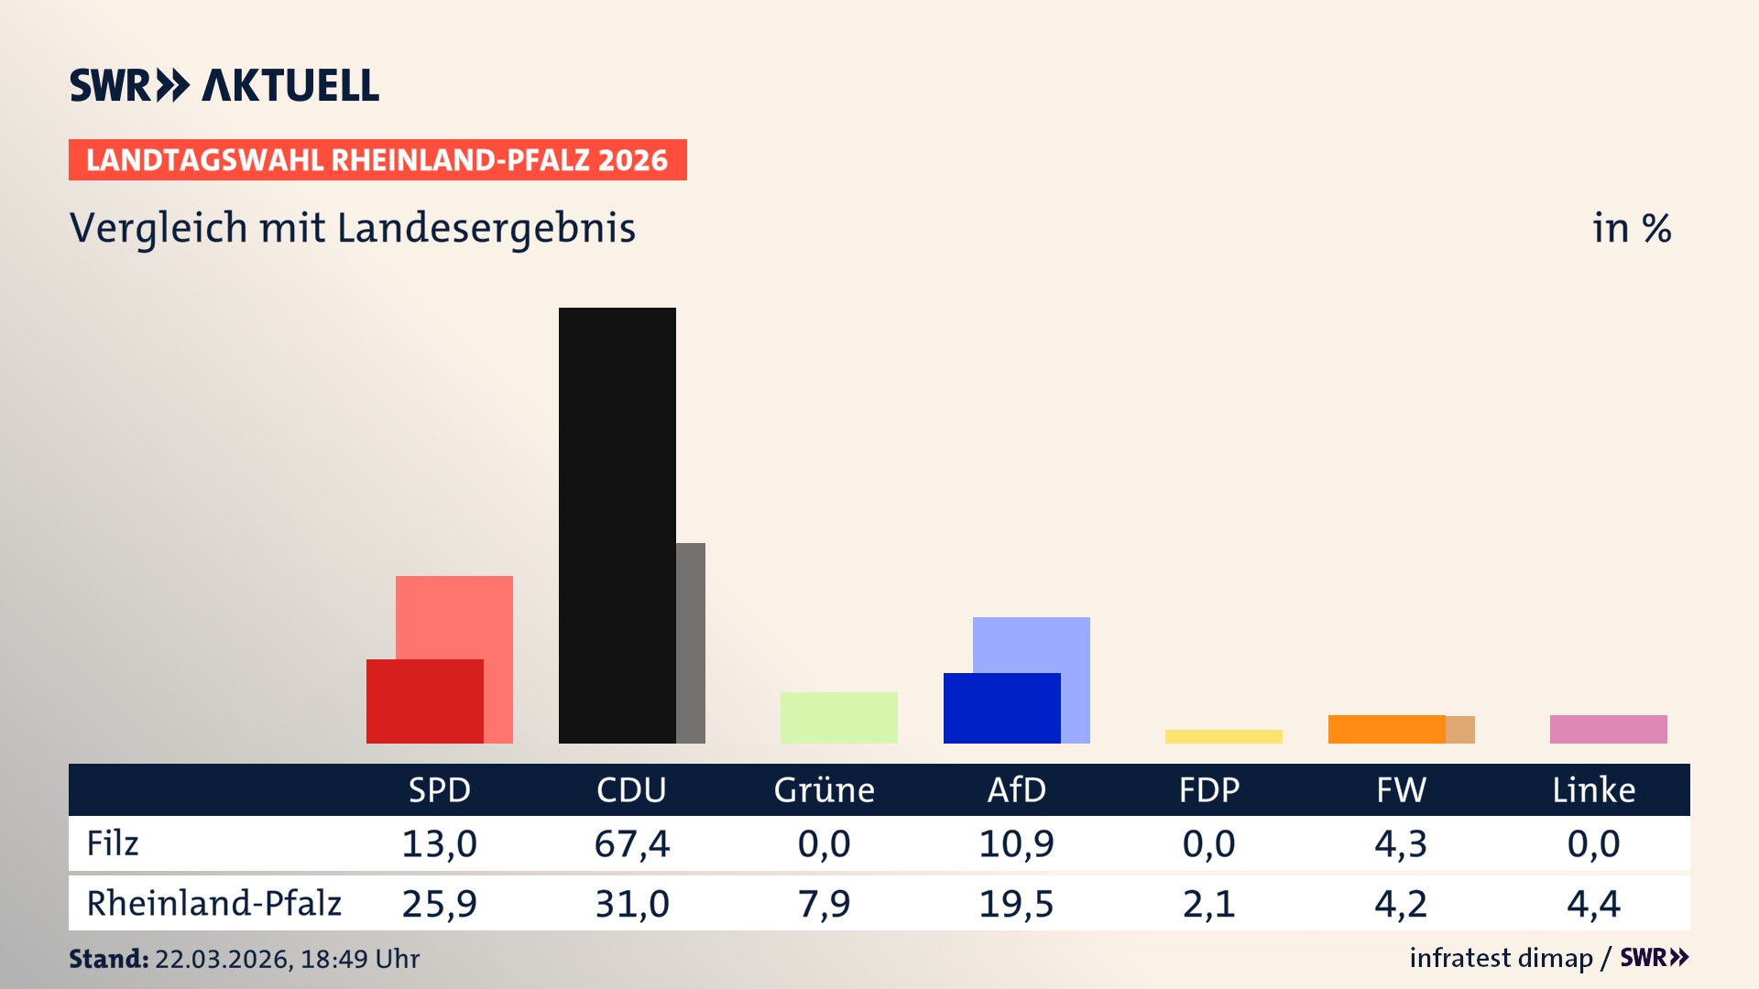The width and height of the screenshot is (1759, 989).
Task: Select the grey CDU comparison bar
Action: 691,643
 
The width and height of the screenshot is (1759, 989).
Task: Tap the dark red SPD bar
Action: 424,701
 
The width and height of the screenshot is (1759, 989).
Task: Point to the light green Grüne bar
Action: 838,717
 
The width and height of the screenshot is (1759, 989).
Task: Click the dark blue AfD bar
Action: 1001,708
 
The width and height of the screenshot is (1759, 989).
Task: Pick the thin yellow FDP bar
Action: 1223,736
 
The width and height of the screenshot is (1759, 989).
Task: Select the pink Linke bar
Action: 1608,729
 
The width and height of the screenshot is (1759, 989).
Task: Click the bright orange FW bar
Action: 1386,729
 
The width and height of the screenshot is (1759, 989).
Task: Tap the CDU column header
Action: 631,789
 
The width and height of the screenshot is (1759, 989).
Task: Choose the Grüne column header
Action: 824,789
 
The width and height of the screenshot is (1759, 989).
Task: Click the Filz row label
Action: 113,843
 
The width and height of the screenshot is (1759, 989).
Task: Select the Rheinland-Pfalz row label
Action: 213,903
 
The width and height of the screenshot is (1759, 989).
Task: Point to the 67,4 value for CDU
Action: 631,843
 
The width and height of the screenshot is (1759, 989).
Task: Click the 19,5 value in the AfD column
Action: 1016,904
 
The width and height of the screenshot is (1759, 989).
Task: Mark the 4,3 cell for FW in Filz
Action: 1401,843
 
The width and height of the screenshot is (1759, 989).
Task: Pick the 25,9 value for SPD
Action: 439,904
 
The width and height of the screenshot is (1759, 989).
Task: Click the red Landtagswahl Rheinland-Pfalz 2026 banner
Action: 377,160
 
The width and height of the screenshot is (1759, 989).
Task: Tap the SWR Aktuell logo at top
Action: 224,85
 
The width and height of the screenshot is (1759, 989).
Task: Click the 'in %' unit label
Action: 1631,228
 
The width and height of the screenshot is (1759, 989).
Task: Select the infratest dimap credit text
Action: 1501,958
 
